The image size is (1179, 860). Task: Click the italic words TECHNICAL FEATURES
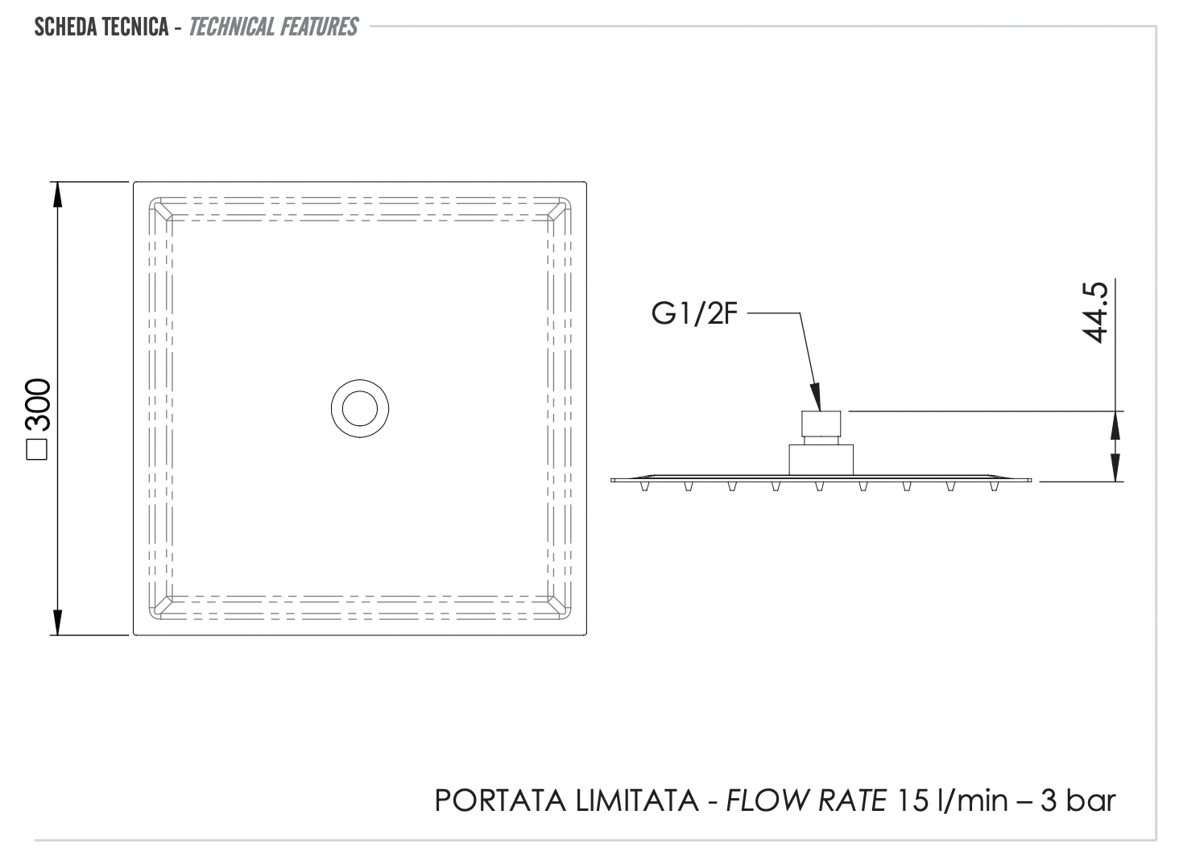(273, 27)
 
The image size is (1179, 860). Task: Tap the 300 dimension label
(38, 406)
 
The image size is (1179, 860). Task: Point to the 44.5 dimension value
(1096, 312)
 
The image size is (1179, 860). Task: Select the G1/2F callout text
(694, 313)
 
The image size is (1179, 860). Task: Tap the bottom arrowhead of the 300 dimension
(56, 622)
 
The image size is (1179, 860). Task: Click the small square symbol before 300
(38, 449)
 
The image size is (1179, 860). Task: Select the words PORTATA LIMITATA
(566, 800)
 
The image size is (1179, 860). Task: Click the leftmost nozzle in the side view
(644, 486)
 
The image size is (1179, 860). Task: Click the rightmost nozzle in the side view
(994, 486)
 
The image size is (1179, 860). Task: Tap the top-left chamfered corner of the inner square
(161, 209)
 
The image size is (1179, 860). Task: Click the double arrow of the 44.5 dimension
(1115, 446)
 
